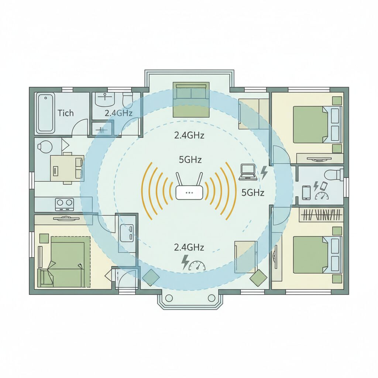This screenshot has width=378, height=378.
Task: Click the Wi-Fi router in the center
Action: point(189,192)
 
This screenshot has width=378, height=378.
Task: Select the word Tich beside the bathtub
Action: point(65,113)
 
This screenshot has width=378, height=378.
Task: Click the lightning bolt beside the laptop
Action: point(264,172)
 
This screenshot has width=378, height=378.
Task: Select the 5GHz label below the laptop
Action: point(252,192)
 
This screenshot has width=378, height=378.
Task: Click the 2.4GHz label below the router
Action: point(189,247)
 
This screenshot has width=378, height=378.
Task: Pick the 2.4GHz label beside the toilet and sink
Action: point(118,113)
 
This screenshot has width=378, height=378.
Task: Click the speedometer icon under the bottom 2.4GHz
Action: point(197,265)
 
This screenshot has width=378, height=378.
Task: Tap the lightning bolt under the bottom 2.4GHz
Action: point(185,262)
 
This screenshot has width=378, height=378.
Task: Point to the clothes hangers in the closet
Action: point(321,215)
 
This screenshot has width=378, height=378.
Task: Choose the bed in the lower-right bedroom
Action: point(314,255)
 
